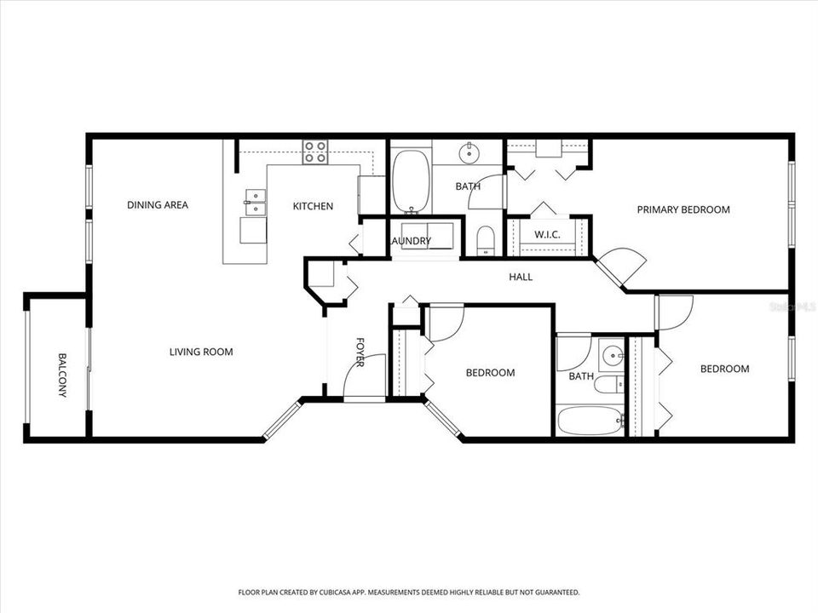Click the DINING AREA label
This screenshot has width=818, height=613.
click(158, 205)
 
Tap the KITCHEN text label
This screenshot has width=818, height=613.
click(313, 206)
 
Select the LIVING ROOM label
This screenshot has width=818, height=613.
click(200, 352)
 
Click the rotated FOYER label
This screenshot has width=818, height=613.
click(360, 352)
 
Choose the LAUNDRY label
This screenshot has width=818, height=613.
click(411, 241)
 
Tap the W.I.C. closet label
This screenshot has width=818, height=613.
click(545, 234)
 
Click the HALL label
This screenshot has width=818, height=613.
click(521, 277)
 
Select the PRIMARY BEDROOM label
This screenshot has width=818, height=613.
click(683, 209)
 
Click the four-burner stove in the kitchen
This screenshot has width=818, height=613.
click(314, 152)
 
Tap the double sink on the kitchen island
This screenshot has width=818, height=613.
click(255, 201)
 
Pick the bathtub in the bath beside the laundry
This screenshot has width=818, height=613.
click(412, 181)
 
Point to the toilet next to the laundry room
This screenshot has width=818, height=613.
click(485, 240)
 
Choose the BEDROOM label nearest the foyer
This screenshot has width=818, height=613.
click(490, 373)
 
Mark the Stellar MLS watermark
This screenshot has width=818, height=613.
click(792, 305)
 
